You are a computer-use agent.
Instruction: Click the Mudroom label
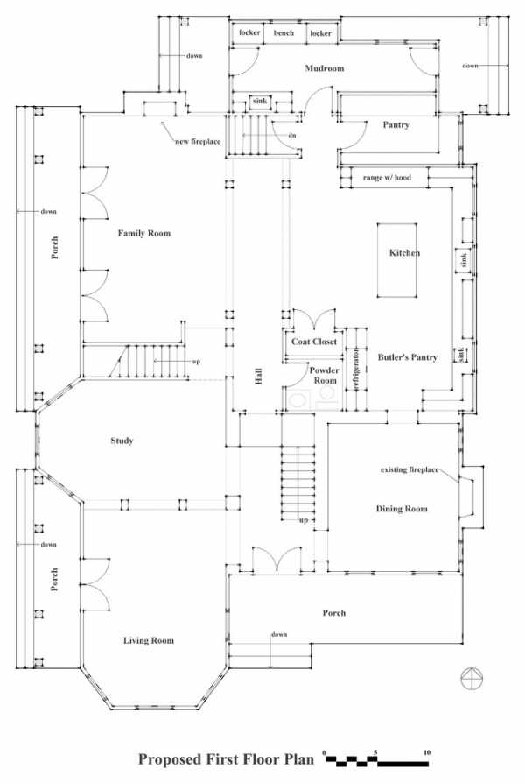tap(325, 68)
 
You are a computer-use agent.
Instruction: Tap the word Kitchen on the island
tap(404, 252)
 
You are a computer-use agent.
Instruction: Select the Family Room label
tap(144, 233)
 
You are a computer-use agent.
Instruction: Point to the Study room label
tap(122, 441)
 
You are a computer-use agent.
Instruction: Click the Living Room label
tap(149, 641)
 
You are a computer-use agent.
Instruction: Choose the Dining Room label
tap(402, 509)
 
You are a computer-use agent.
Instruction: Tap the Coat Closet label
tap(314, 342)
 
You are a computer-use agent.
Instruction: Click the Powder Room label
tap(325, 376)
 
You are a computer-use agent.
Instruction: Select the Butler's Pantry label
tap(407, 357)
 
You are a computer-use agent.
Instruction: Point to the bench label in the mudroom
tap(284, 33)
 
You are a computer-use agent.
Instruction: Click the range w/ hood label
tap(387, 177)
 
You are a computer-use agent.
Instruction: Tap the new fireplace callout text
tap(198, 141)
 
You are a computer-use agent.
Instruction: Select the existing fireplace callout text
tap(409, 470)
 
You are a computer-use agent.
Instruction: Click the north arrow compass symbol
tap(472, 678)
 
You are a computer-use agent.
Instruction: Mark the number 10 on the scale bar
tap(427, 752)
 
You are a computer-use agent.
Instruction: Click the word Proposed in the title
tap(169, 759)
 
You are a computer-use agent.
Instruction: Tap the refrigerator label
tap(356, 370)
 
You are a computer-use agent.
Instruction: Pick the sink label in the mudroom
tap(260, 101)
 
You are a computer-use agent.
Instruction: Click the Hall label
tap(258, 377)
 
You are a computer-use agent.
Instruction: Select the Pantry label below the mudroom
tap(395, 125)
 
